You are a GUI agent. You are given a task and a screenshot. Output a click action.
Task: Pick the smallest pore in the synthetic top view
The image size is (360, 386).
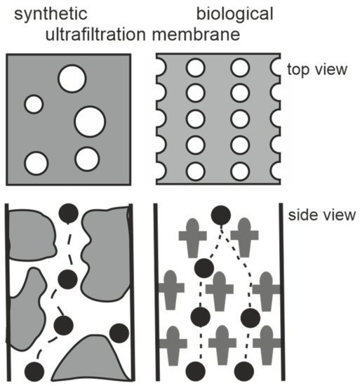point(34,104)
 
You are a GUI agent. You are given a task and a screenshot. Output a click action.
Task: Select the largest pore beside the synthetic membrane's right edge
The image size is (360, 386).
point(90,121)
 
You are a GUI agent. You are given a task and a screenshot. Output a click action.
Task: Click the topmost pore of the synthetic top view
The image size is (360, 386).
point(72,78)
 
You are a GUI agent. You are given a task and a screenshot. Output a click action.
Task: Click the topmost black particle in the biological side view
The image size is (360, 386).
point(221,215)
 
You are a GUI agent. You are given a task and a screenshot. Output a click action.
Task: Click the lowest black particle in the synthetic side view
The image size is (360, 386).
point(34,371)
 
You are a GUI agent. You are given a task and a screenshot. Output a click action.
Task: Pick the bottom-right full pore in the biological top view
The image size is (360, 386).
point(240,171)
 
